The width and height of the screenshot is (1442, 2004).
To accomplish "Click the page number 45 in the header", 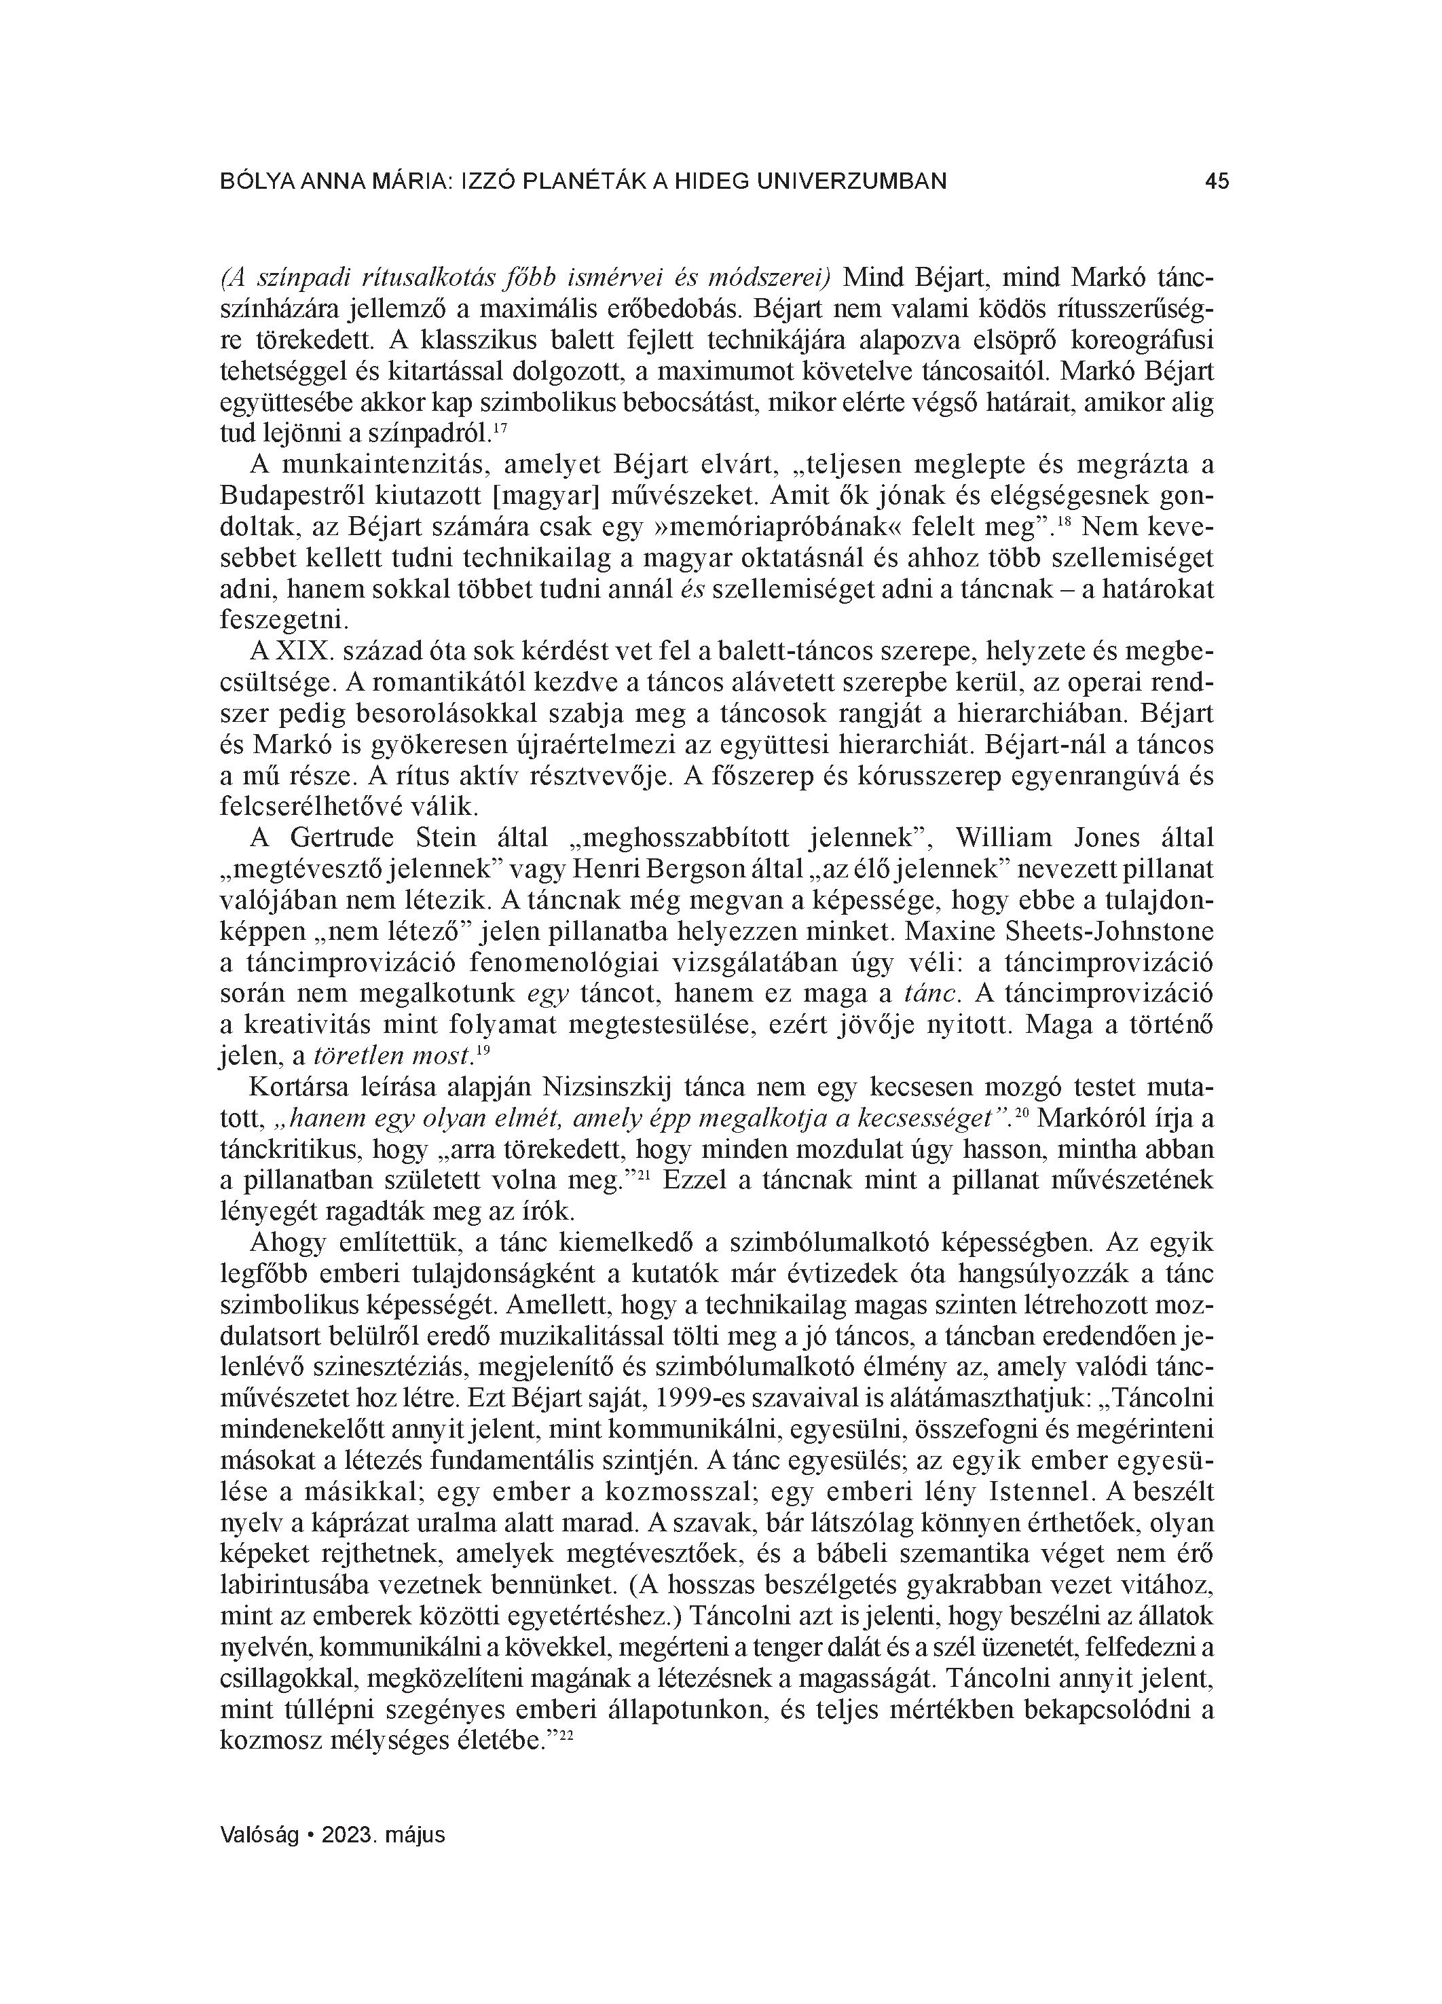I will [1216, 182].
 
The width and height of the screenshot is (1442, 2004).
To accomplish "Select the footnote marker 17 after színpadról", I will [499, 429].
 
